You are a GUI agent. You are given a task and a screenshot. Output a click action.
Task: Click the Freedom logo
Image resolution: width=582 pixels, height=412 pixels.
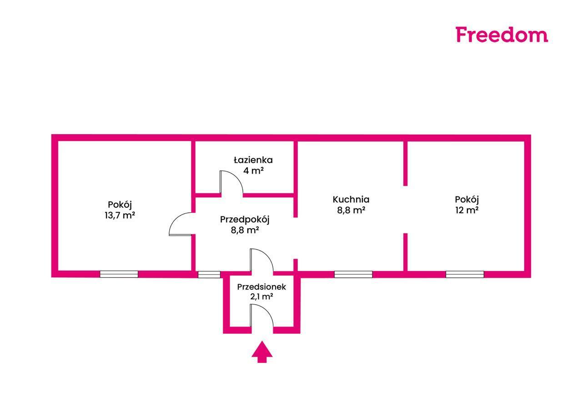tap(502, 35)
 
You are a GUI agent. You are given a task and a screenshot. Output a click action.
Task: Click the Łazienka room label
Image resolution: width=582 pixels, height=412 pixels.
tap(253, 160)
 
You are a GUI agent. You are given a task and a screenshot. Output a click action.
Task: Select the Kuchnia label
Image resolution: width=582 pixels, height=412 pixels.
tap(351, 199)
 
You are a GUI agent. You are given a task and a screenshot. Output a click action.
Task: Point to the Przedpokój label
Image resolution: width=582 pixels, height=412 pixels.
tap(245, 219)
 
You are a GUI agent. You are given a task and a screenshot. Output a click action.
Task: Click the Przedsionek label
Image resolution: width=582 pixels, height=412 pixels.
tap(261, 286)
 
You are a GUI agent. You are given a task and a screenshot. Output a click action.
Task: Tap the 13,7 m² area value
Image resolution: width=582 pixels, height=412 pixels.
tap(120, 215)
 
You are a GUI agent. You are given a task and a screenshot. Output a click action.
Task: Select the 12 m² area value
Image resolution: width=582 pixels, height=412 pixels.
tap(467, 210)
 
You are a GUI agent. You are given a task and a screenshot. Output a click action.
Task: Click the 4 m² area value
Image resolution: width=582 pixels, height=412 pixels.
tap(253, 171)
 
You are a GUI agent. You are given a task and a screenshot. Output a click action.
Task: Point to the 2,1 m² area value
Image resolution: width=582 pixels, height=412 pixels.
tap(261, 297)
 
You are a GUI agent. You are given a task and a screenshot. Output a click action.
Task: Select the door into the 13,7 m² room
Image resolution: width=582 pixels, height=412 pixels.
tap(180, 225)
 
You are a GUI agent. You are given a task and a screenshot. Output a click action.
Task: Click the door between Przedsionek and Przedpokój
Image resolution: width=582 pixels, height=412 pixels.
tap(261, 261)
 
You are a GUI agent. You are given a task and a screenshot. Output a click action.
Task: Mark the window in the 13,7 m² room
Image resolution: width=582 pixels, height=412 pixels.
tap(119, 274)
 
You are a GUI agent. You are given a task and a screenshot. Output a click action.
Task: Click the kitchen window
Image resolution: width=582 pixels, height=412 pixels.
tap(353, 274)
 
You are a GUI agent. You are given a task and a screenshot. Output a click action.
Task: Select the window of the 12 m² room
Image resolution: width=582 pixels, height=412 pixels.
tap(465, 274)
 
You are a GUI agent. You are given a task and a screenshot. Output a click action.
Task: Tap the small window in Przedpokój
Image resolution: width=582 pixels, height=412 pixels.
tap(209, 274)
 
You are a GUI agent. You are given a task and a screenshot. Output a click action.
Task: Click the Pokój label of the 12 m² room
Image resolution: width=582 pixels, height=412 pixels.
tap(467, 199)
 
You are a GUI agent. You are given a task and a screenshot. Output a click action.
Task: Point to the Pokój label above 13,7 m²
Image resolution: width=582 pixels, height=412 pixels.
tap(120, 204)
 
